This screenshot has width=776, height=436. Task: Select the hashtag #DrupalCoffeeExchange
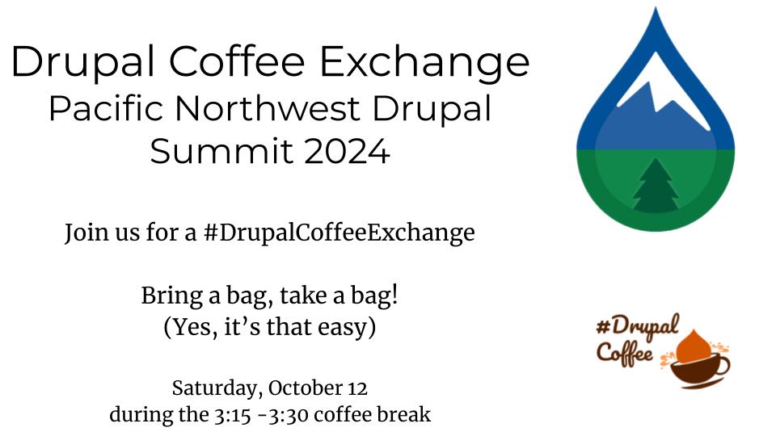339,234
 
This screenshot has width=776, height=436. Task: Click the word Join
82,234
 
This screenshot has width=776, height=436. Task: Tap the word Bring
168,296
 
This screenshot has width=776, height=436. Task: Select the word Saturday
215,388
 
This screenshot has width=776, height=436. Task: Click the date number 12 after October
357,388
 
